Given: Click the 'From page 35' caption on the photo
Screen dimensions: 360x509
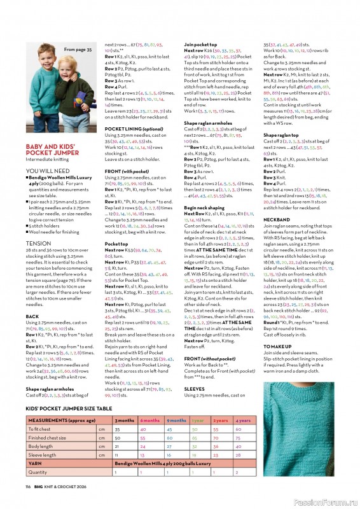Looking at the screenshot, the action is [77, 49].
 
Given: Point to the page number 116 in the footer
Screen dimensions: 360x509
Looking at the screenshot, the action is [29, 485].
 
